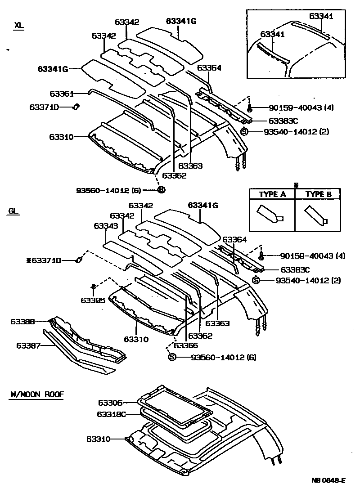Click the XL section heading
point(18,26)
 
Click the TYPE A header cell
point(272,194)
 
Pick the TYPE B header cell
point(318,194)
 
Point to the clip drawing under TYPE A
point(270,215)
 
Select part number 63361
point(61,94)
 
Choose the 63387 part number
point(28,345)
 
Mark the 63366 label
point(185,345)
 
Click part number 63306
point(110,403)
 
